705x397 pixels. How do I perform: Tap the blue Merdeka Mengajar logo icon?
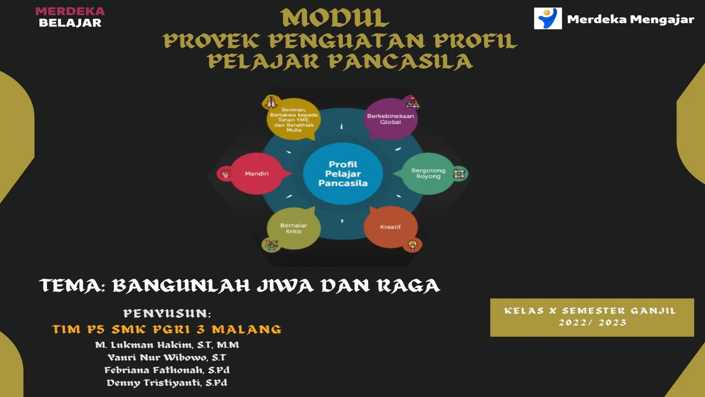coord(548,18)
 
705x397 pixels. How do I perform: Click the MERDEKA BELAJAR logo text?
coord(70,17)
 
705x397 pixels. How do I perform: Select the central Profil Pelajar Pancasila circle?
coord(343,174)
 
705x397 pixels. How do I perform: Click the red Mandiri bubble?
coord(257,174)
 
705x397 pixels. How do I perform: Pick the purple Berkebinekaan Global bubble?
coord(390,119)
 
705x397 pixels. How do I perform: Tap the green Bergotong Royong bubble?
coord(428,173)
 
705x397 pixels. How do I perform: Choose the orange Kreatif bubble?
coord(390,227)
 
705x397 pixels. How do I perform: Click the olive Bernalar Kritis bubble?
coord(293,228)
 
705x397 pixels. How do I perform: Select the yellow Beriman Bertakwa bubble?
coord(294,120)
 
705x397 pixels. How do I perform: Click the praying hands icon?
coord(271,102)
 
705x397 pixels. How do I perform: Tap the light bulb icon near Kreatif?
coord(412,245)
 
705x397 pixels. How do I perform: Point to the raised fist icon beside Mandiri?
coord(225,173)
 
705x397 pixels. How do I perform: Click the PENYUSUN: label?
coord(167,314)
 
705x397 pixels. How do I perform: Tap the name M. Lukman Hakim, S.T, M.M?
coord(167,345)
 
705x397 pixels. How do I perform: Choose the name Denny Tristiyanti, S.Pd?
coord(167,383)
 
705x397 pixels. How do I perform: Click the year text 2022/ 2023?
coord(592,323)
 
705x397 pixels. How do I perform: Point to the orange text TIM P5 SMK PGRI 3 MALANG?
coord(167,329)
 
